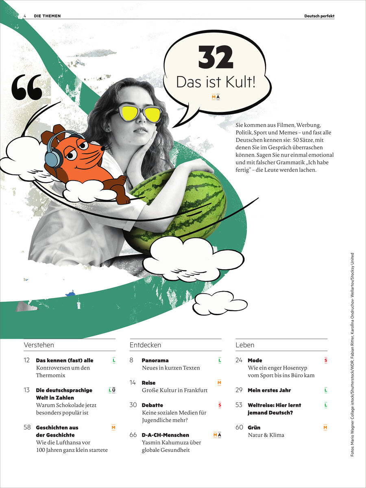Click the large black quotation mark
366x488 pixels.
27,87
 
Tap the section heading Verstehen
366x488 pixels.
39,345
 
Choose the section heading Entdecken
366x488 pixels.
145,345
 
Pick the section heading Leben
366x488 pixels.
245,345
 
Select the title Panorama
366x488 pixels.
155,360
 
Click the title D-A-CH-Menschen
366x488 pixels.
165,435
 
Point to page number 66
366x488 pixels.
133,435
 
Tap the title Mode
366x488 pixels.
255,360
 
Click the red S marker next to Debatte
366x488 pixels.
220,405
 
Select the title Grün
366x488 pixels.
254,427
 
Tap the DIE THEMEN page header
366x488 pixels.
47,16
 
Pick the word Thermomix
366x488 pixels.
51,375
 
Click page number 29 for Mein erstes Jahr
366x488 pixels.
239,390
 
